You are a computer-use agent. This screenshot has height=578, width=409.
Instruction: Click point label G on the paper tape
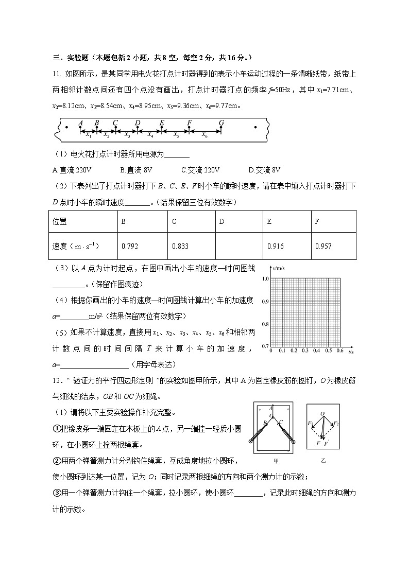pyautogui.click(x=221, y=122)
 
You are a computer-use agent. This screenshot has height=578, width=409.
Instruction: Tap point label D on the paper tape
pyautogui.click(x=138, y=122)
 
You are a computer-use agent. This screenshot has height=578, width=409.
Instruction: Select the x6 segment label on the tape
pyautogui.click(x=204, y=135)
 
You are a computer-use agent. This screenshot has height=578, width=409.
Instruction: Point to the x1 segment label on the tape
pyautogui.click(x=89, y=135)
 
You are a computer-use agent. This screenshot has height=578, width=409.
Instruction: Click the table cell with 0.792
pyautogui.click(x=142, y=246)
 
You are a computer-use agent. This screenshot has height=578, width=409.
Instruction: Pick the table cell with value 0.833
pyautogui.click(x=191, y=246)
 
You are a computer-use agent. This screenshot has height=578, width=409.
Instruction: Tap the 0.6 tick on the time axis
pyautogui.click(x=339, y=351)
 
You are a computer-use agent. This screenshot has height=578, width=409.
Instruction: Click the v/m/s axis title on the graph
pyautogui.click(x=279, y=268)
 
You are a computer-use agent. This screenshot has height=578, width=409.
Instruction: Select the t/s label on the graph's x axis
pyautogui.click(x=350, y=352)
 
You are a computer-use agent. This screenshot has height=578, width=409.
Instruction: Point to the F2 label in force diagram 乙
pyautogui.click(x=336, y=423)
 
